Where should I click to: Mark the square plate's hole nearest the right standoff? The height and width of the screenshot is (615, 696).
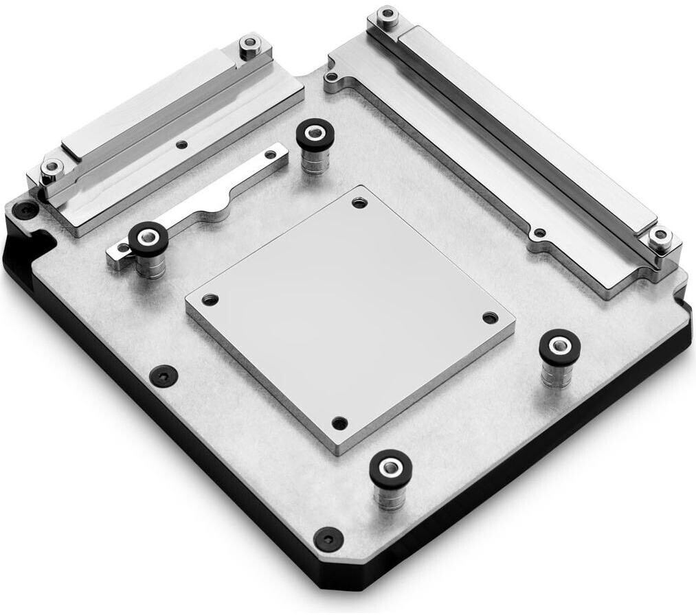click(489, 317)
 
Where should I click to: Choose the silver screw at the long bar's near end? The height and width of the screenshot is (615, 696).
click(660, 235)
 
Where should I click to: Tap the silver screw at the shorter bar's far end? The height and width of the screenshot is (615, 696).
click(247, 47)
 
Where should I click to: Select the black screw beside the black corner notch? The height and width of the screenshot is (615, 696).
click(26, 209)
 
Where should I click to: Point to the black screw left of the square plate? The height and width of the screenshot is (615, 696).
click(165, 374)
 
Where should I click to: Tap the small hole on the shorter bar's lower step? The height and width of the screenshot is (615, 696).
click(181, 144)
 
